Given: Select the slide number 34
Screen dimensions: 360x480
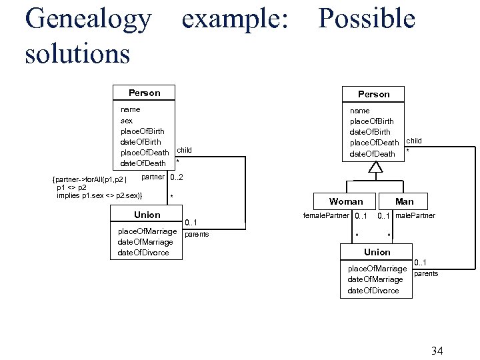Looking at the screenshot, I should click(437, 351).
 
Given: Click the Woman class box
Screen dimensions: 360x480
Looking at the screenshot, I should click(346, 201).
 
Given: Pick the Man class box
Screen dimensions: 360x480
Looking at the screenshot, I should click(404, 201).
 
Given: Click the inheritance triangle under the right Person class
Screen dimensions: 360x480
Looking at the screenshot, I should click(375, 167).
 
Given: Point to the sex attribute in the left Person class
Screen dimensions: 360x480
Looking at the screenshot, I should click(127, 121).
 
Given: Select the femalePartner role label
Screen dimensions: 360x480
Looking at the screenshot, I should click(326, 215).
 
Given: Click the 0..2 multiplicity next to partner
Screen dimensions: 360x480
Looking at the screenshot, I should click(177, 177).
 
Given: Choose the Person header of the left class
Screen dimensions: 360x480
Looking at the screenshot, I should click(144, 93).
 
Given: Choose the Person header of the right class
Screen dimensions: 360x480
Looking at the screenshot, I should click(373, 94).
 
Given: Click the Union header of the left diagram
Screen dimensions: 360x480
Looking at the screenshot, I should click(147, 215).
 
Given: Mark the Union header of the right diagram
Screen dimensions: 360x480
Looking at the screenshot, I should click(377, 252).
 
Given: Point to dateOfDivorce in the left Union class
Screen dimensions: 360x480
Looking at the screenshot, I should click(143, 253).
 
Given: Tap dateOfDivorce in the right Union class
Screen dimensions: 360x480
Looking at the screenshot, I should click(373, 291).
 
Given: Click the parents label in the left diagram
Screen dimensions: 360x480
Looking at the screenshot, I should click(197, 234).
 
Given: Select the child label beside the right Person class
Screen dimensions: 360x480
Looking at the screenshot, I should click(414, 141).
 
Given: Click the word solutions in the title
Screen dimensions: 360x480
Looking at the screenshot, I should click(77, 53).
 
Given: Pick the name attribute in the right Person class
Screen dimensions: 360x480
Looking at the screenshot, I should click(360, 110).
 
